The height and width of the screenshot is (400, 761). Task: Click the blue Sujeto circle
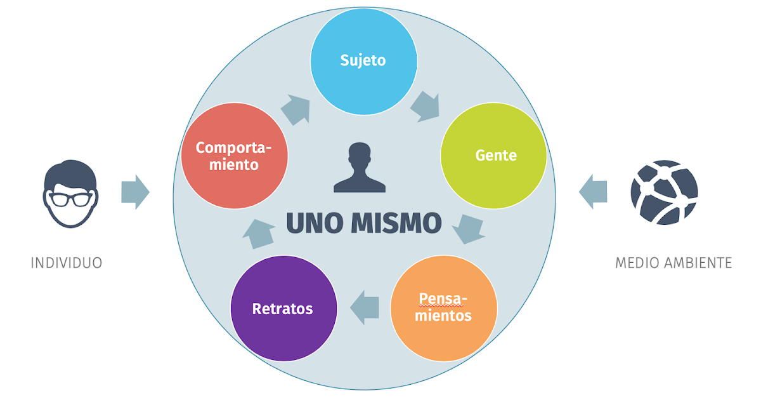[363, 61]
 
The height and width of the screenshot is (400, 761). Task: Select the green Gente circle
[494, 156]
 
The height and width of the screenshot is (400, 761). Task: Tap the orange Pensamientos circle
[443, 308]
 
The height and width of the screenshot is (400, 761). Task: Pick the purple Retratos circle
[283, 309]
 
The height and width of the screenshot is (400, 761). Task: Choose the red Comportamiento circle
[233, 156]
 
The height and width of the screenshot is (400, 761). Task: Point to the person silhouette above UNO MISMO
[360, 168]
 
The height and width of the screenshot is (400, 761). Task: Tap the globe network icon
[664, 192]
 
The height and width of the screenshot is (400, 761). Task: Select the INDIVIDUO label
[67, 263]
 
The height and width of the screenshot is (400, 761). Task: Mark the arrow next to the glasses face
[134, 192]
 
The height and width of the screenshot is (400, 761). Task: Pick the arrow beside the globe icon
[593, 192]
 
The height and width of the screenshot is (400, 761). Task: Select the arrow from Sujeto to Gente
[424, 107]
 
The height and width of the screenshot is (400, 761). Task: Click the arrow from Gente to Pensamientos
[471, 229]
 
